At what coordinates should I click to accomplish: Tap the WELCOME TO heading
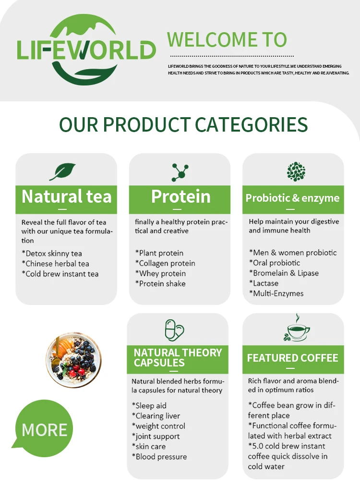[227, 39]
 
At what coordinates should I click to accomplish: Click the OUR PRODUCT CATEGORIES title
[183, 124]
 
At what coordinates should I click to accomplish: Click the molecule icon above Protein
[180, 172]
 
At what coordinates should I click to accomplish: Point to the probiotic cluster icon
[296, 171]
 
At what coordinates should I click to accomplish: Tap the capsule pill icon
[174, 330]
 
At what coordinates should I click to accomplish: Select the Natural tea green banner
[66, 197]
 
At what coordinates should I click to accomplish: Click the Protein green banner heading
[180, 197]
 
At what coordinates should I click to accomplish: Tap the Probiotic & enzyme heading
[292, 198]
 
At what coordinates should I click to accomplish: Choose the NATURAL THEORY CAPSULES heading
[178, 357]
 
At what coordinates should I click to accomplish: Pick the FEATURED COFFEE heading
[292, 358]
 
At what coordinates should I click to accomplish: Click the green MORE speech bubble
[44, 429]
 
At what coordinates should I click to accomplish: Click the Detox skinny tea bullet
[52, 253]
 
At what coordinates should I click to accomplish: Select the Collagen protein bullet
[165, 263]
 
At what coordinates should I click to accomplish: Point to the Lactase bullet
[264, 283]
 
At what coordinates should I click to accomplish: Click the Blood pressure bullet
[159, 457]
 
